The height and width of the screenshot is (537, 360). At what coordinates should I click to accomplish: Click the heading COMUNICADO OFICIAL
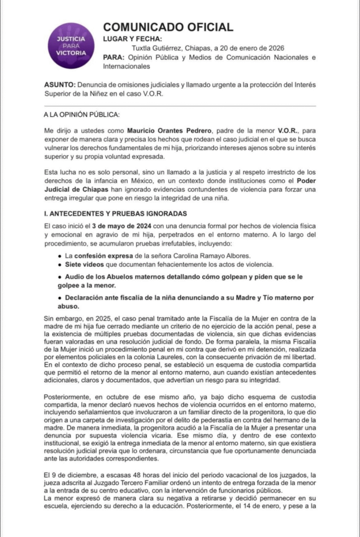pyautogui.click(x=168, y=27)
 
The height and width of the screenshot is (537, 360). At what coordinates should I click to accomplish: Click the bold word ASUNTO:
pyautogui.click(x=60, y=85)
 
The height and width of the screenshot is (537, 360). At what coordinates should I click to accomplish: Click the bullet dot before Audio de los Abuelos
pyautogui.click(x=62, y=275)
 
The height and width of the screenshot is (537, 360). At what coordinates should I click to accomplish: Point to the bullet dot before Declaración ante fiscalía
pyautogui.click(x=62, y=298)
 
